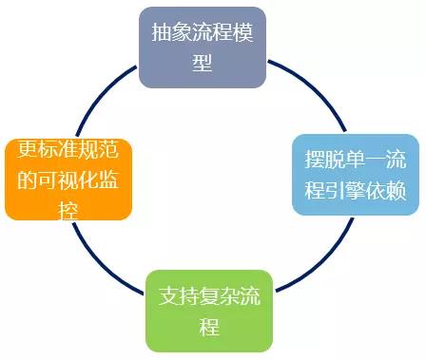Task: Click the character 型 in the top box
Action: click(x=202, y=63)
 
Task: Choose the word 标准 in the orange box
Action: click(x=48, y=149)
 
